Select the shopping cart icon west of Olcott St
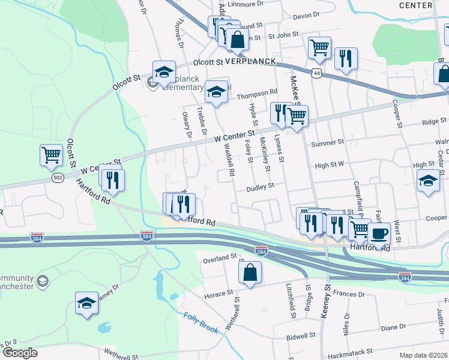[52, 155]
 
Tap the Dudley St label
[261, 187]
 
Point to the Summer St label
[328, 143]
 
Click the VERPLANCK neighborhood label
[250, 61]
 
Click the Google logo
[20, 352]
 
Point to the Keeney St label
[328, 298]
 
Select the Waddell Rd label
[229, 162]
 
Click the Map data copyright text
[423, 355]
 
